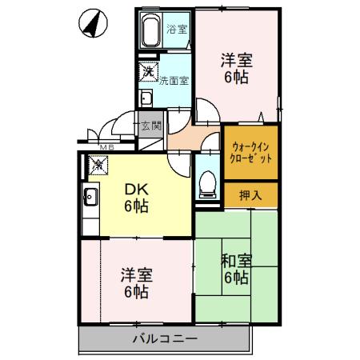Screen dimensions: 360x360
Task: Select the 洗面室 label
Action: (x=174, y=81)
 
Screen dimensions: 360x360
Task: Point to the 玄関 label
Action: (x=150, y=126)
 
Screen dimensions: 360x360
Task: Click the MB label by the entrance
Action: (x=106, y=146)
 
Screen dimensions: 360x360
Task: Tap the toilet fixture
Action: (x=206, y=182)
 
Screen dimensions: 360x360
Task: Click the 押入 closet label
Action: (x=251, y=194)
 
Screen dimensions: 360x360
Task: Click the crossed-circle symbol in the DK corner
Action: (x=98, y=165)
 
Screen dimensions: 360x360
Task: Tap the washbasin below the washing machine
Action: (x=146, y=98)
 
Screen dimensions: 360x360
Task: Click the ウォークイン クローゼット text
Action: (x=251, y=152)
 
